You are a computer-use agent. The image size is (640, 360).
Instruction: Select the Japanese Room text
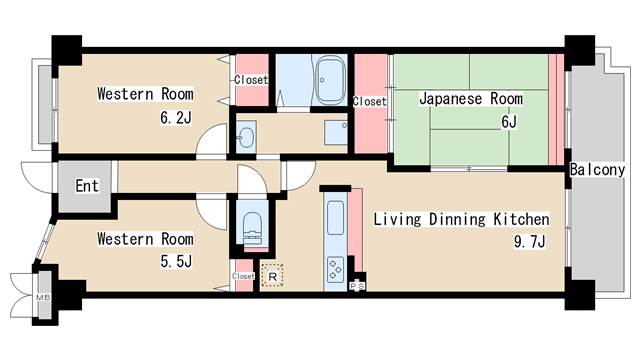(x=470, y=99)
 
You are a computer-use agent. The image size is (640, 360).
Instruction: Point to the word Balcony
(x=598, y=170)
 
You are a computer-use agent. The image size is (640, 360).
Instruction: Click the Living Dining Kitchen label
(x=461, y=219)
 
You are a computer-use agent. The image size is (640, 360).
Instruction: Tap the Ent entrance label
(x=87, y=186)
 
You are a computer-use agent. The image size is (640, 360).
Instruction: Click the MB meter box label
(x=42, y=298)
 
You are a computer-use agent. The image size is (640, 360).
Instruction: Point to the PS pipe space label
(x=357, y=287)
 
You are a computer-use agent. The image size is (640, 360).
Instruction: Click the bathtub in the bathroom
(x=329, y=80)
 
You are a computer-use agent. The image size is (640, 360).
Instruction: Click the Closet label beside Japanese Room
(x=370, y=101)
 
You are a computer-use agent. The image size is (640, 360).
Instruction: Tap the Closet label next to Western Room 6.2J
(x=250, y=79)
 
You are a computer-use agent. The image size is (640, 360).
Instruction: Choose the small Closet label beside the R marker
(x=243, y=276)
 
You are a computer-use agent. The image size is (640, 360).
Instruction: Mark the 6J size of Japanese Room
(x=508, y=122)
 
